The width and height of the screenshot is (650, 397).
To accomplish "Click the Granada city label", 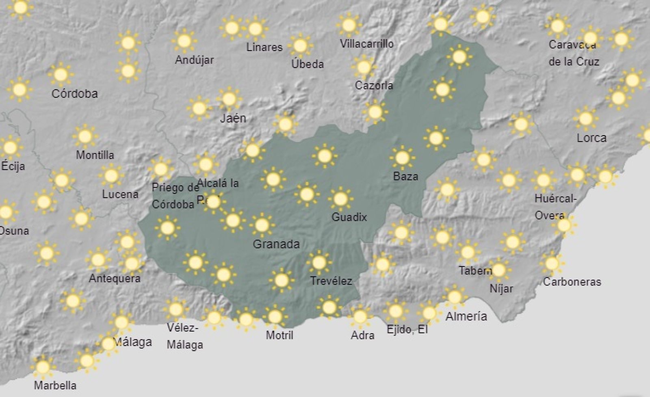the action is (276, 244).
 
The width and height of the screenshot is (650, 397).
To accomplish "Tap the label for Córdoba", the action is (75, 94).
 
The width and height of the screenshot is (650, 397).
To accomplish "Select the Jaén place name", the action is (233, 118).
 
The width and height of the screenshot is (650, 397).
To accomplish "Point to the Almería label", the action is (466, 316).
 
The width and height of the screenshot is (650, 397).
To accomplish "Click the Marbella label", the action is (55, 385).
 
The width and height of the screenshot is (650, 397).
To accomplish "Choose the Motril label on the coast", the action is (279, 335).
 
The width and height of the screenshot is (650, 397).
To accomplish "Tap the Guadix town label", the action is (349, 217).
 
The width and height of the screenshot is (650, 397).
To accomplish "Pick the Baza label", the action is (405, 176).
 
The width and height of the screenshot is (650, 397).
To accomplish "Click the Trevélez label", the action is (331, 280).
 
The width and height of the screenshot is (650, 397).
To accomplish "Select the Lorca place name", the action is (591, 138).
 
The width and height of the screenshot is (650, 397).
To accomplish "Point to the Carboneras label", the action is (572, 282).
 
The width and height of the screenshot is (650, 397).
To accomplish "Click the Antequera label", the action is (115, 278).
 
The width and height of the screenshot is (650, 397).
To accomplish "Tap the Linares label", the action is (264, 47).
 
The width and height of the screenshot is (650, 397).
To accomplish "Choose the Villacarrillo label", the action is (367, 43).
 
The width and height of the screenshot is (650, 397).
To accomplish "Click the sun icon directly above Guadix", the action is (340, 199).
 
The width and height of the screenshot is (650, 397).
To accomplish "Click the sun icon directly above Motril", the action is (275, 317).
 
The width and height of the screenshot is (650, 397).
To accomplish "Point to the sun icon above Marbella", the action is (43, 367).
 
